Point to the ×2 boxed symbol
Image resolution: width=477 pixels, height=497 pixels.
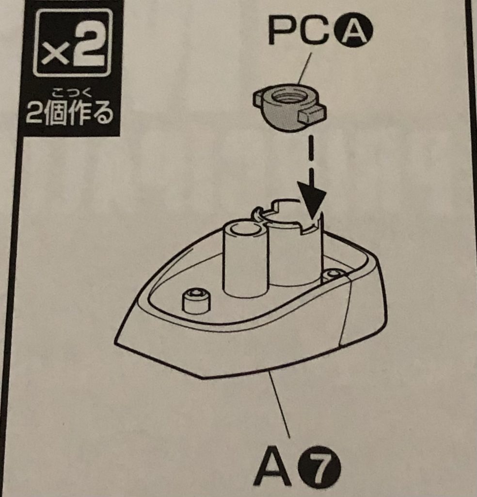pos(73,43)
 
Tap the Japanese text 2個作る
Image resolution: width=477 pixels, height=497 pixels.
pos(70,113)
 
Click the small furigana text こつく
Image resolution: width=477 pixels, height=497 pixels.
pos(72,94)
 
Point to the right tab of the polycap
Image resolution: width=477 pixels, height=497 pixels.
pos(312,114)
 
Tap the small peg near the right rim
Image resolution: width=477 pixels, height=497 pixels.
pos(333,275)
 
